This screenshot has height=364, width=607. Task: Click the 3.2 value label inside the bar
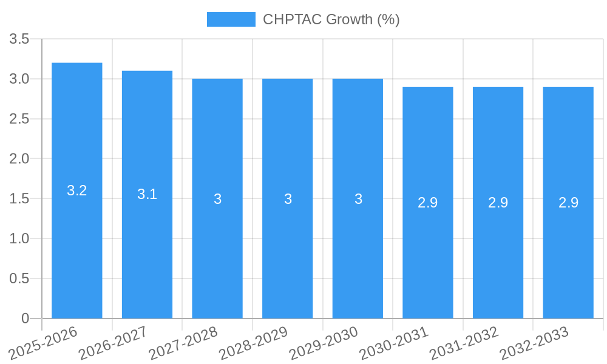pos(77,190)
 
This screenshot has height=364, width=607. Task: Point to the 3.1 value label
pos(147,194)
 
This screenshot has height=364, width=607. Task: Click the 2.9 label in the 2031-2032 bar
pos(498,203)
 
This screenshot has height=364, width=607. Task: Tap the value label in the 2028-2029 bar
pos(288,199)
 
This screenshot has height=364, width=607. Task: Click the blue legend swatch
pos(231,19)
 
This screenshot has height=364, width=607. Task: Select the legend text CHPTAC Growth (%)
pos(331,19)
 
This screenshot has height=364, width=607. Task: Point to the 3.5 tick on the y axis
pos(19,39)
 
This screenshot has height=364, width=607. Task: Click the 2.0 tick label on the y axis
pos(19,159)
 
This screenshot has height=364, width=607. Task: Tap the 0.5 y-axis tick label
pos(19,278)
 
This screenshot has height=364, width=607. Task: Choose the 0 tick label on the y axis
pos(25,318)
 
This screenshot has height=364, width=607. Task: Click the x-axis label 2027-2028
pos(183,343)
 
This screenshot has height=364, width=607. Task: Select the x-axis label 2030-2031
pos(394,343)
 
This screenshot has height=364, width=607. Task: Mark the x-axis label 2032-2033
pos(534,343)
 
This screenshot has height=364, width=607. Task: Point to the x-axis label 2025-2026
pos(43,343)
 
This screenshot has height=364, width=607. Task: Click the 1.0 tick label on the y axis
pos(19,239)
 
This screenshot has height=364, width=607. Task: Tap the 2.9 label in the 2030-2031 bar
pos(428,203)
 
